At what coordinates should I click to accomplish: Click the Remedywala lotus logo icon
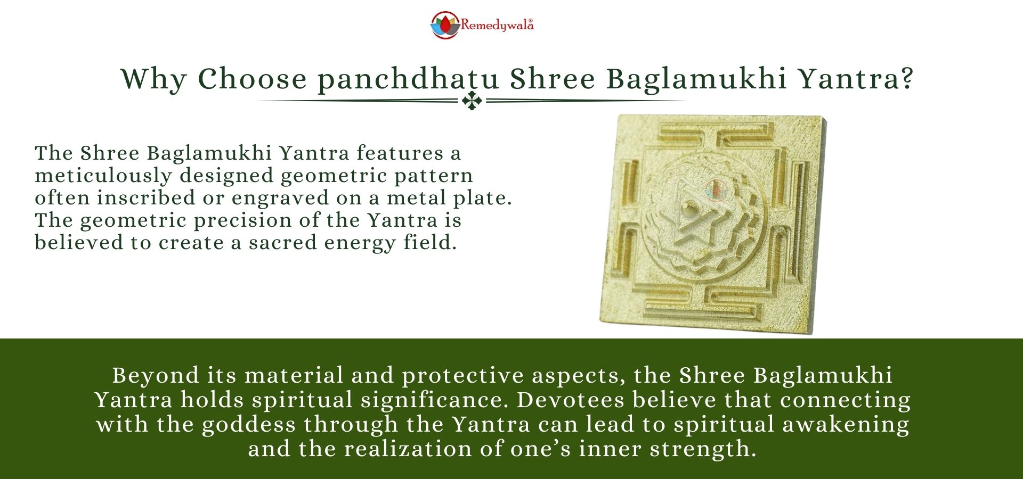445,25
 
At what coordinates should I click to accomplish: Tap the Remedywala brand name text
497,25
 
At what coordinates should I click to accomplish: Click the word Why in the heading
154,79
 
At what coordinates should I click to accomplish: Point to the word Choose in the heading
253,79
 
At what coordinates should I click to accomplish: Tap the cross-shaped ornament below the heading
472,101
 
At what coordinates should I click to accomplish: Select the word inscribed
146,197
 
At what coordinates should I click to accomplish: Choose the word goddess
249,425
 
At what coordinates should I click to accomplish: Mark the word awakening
846,425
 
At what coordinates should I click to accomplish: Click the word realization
408,449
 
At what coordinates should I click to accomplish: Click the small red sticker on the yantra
716,189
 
